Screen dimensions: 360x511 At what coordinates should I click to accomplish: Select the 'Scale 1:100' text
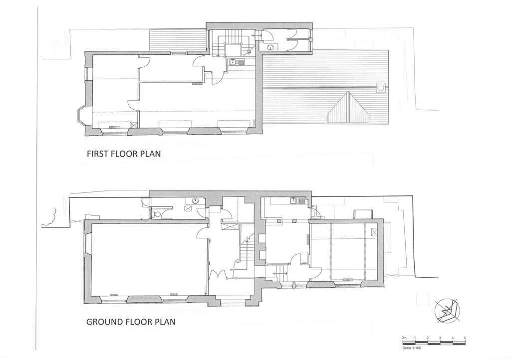pos(413,348)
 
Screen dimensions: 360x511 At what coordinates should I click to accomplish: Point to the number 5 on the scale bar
pos(465,338)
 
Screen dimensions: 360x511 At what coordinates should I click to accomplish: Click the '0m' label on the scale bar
pos(404,338)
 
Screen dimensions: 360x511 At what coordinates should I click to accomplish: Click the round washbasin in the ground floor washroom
pos(195,200)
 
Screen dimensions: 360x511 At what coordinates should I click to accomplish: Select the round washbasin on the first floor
pos(270,48)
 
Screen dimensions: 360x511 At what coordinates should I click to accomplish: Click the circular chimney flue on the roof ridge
pos(381,88)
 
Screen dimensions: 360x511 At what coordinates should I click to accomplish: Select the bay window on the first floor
pos(80,115)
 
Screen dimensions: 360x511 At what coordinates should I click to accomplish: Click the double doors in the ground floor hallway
pos(218,275)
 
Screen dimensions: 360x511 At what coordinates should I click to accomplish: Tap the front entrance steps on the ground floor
pos(233,301)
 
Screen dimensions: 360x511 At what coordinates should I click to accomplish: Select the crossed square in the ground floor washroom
pos(189,209)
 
